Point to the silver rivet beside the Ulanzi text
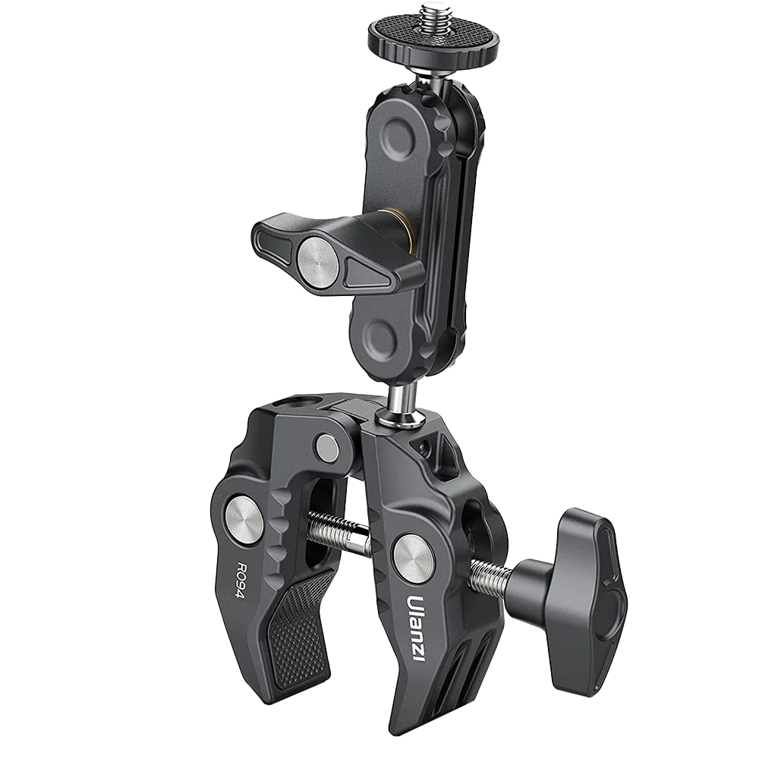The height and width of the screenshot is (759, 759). pos(414,554)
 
